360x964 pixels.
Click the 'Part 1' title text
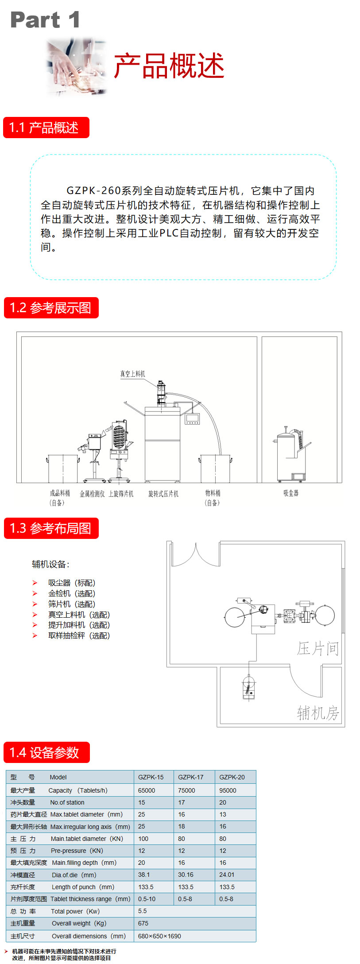tap(45, 20)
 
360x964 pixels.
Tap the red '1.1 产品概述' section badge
tap(46, 128)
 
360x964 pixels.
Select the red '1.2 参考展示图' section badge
tap(51, 308)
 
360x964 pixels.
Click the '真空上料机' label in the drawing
tap(132, 374)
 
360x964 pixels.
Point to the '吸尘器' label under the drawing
tap(291, 493)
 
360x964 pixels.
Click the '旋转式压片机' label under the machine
tap(163, 494)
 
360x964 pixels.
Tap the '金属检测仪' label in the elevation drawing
tap(92, 494)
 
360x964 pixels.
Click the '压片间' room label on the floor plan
tap(317, 649)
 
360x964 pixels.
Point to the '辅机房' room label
tap(317, 713)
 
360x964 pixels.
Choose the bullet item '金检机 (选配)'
tap(71, 593)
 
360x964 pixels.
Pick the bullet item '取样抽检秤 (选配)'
tap(78, 635)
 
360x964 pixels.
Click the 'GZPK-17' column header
tap(190, 777)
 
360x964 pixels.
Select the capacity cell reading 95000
tap(228, 790)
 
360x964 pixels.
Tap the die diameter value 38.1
tap(144, 875)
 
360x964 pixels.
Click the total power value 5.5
tap(142, 911)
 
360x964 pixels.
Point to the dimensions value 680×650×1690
tap(159, 936)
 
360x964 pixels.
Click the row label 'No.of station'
tap(67, 802)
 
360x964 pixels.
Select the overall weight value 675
tap(143, 923)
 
